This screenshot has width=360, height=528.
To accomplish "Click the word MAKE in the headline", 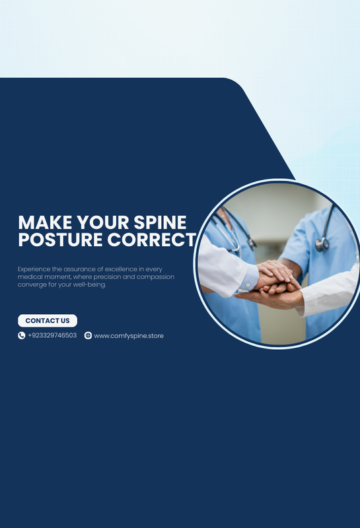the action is pos(45,222).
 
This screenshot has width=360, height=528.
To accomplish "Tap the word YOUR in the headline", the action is pos(103,222).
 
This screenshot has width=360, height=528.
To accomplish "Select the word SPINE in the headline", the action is pos(160,222).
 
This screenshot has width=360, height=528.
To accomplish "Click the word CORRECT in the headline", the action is pos(152,240).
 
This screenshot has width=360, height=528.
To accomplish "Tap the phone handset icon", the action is pos(22,335).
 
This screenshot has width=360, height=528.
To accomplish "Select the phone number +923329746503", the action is pos(52,335).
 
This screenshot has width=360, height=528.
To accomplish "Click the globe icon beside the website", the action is pos(88,335).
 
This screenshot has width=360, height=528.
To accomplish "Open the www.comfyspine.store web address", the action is pos(129,336).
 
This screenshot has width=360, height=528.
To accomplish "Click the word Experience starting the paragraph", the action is pos(34,269).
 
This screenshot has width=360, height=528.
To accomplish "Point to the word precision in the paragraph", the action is pos(107,277).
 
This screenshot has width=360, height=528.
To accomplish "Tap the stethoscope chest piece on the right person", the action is pos(322,244).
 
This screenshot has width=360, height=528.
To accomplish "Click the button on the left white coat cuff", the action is pos(248,285).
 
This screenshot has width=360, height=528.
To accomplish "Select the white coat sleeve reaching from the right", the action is pos(329,292).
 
